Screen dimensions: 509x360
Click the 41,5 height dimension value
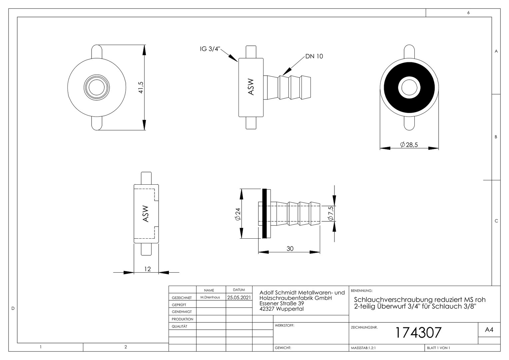click(141, 88)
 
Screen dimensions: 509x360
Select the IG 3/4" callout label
click(210, 49)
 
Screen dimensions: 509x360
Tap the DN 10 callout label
click(314, 56)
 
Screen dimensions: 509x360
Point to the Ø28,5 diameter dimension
click(409, 145)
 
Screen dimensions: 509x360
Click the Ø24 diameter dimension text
click(238, 214)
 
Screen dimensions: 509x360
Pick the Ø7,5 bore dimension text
click(331, 213)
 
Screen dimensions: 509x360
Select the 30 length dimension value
click(290, 249)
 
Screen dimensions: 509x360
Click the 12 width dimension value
click(148, 269)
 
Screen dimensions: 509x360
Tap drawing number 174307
click(418, 332)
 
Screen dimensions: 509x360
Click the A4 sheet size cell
click(489, 330)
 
